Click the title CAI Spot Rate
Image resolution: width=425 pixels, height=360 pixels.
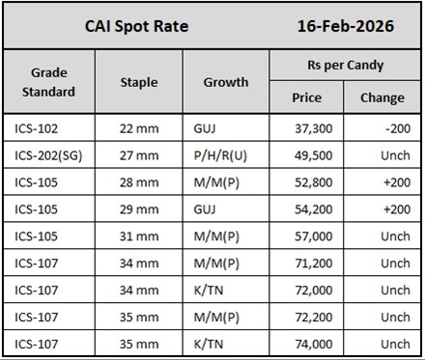point(137,26)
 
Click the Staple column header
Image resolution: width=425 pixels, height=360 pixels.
point(139,82)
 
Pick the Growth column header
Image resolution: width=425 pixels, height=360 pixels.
point(226,82)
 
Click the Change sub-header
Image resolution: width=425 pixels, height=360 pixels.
point(382,97)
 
